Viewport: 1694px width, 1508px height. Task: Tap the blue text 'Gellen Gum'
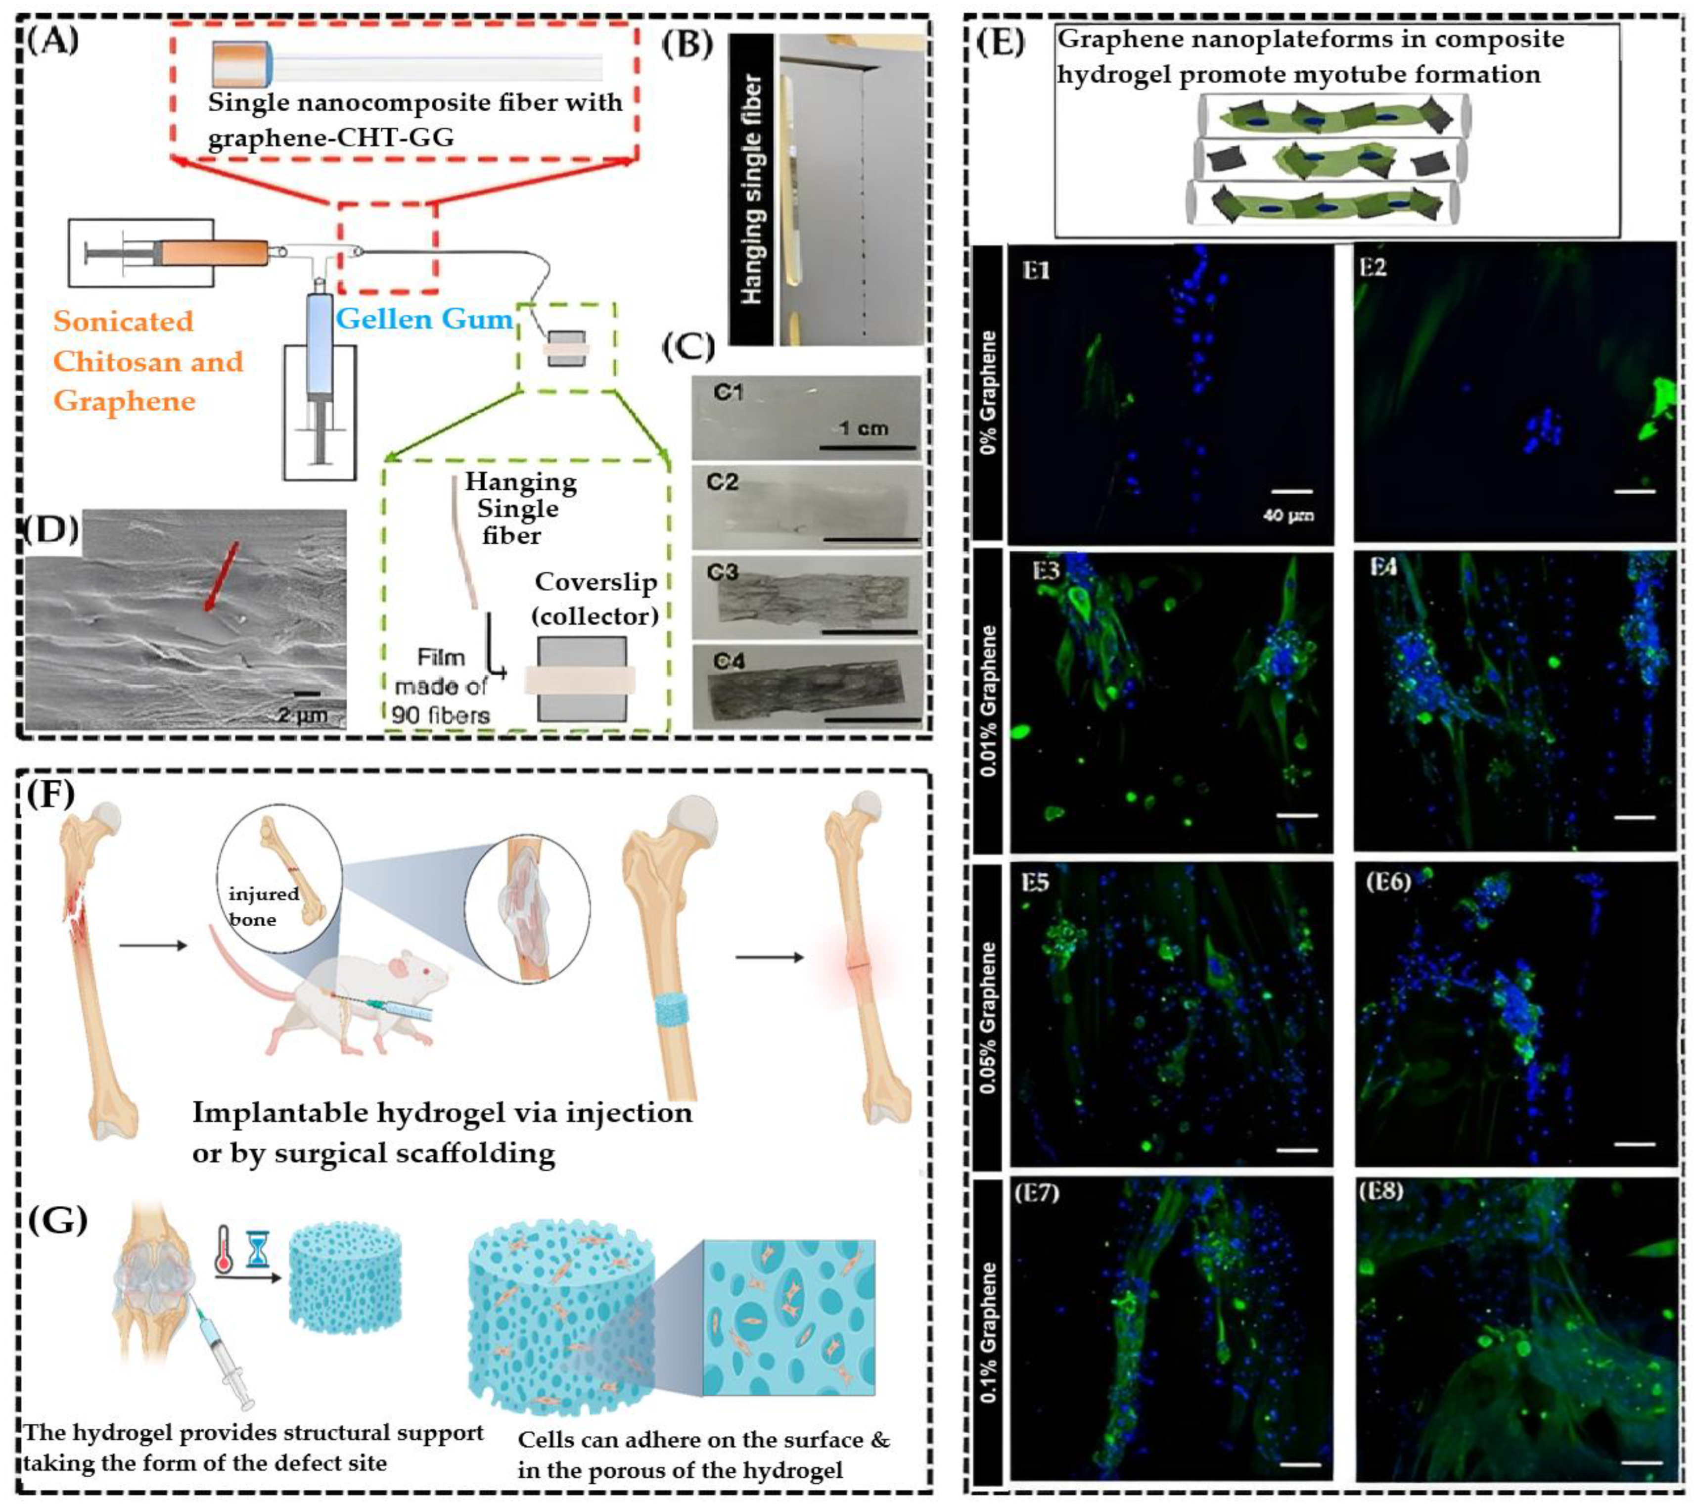click(x=424, y=319)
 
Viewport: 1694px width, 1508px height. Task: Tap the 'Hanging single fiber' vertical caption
click(x=752, y=190)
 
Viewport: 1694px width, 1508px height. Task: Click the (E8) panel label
click(x=1381, y=1191)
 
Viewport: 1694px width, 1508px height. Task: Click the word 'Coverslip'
click(x=595, y=582)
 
